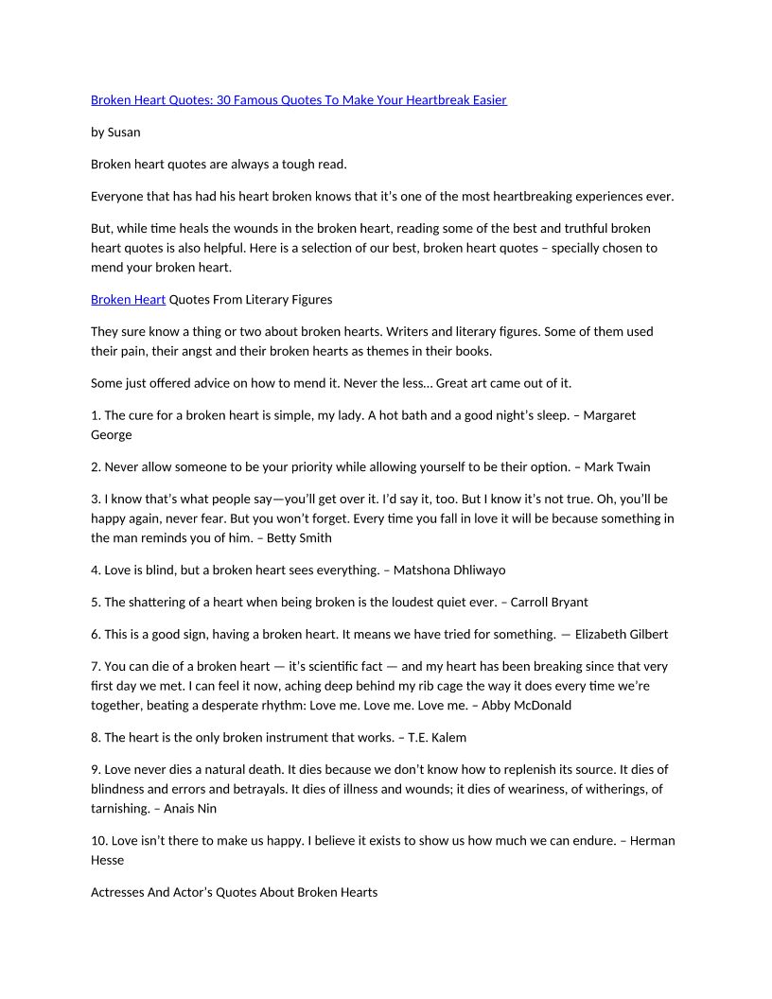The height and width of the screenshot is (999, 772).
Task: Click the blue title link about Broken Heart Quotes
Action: click(x=298, y=100)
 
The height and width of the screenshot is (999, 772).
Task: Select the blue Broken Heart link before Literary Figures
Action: click(x=128, y=300)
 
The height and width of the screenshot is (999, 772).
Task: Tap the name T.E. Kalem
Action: click(x=437, y=737)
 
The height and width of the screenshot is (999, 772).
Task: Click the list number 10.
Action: click(x=98, y=840)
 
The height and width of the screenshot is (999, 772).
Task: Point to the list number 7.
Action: click(x=95, y=666)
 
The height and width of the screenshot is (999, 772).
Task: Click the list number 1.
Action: click(x=95, y=415)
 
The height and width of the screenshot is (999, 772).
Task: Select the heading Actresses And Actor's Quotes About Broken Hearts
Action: click(x=234, y=892)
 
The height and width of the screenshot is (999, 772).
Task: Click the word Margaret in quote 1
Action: click(x=610, y=415)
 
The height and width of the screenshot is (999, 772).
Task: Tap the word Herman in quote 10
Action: click(x=653, y=840)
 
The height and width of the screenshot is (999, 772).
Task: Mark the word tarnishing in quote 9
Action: click(x=120, y=808)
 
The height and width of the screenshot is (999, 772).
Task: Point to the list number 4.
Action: click(x=95, y=570)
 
